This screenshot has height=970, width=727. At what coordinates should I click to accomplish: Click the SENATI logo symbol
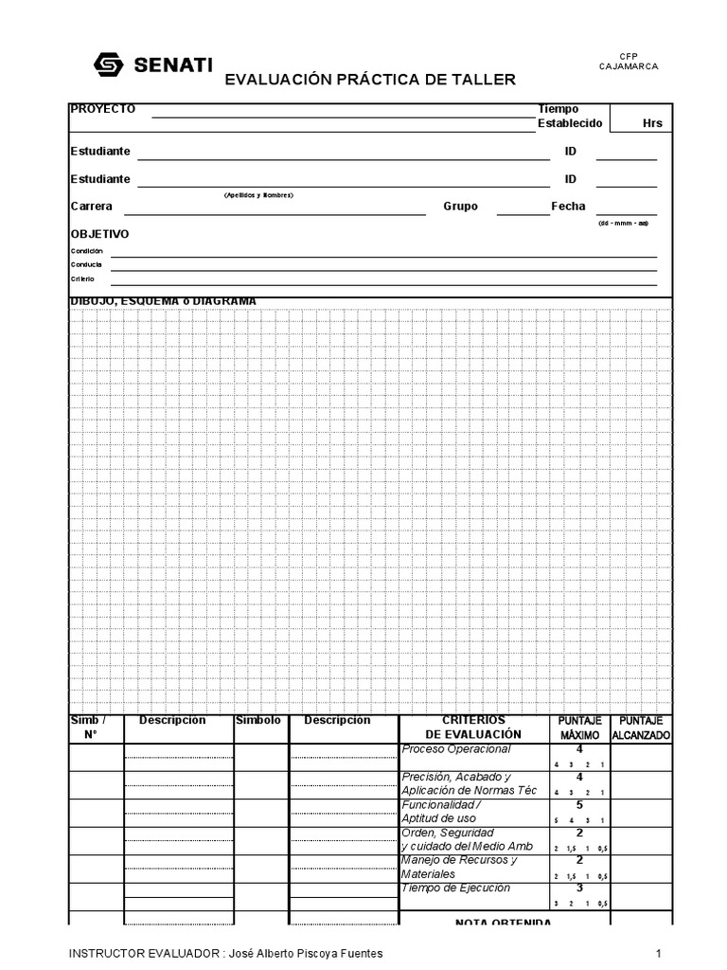[x=110, y=64]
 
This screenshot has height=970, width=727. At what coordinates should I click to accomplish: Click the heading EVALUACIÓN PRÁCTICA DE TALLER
[x=370, y=81]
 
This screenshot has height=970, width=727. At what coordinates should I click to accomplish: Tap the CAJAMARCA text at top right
[x=629, y=66]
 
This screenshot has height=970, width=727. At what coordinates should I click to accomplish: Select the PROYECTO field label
[x=103, y=109]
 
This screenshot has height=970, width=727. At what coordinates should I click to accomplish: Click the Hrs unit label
[x=652, y=124]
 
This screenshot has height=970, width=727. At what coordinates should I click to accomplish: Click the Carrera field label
[x=92, y=207]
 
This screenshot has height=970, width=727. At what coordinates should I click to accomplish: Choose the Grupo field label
[x=460, y=207]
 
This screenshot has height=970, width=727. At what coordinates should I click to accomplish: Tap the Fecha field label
[x=568, y=207]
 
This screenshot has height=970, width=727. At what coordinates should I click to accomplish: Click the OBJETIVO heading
[x=100, y=234]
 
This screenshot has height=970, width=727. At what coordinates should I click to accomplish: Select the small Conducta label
[x=86, y=264]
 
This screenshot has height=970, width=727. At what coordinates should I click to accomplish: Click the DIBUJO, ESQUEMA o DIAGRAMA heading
[x=163, y=301]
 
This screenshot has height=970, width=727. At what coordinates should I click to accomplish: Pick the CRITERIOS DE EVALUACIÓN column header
[x=473, y=727]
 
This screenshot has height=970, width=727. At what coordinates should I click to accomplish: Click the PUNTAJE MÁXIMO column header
[x=579, y=727]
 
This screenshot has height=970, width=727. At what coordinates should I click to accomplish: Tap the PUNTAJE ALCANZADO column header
[x=641, y=727]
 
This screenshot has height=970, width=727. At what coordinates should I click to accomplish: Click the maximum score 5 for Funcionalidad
[x=579, y=805]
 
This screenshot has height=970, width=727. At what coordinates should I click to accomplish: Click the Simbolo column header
[x=258, y=721]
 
